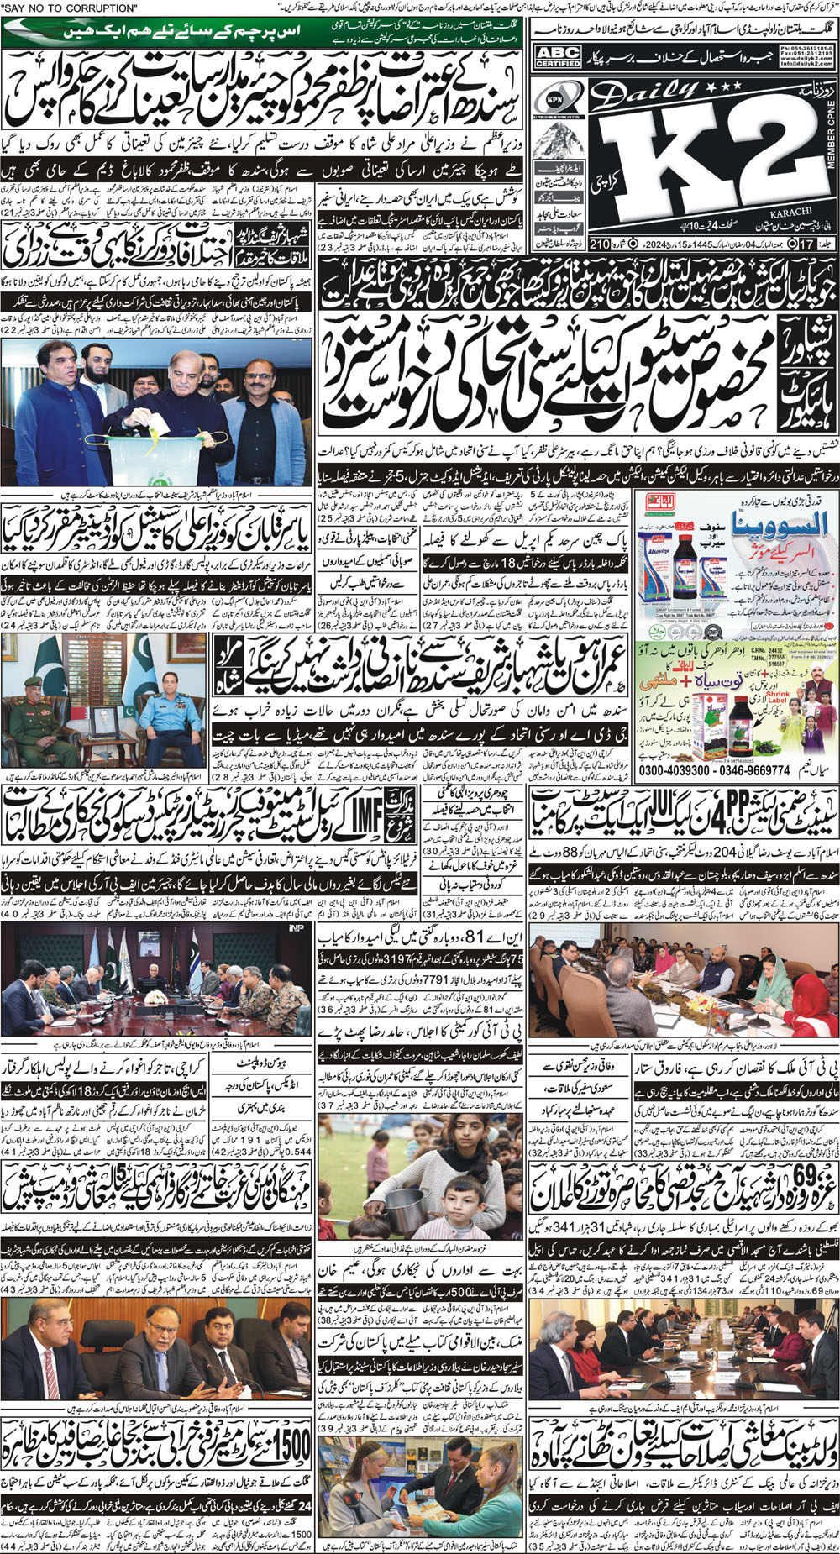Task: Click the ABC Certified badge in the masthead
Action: click(x=558, y=57)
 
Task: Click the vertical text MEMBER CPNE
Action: click(x=832, y=152)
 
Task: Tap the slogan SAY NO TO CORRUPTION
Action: click(x=71, y=8)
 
